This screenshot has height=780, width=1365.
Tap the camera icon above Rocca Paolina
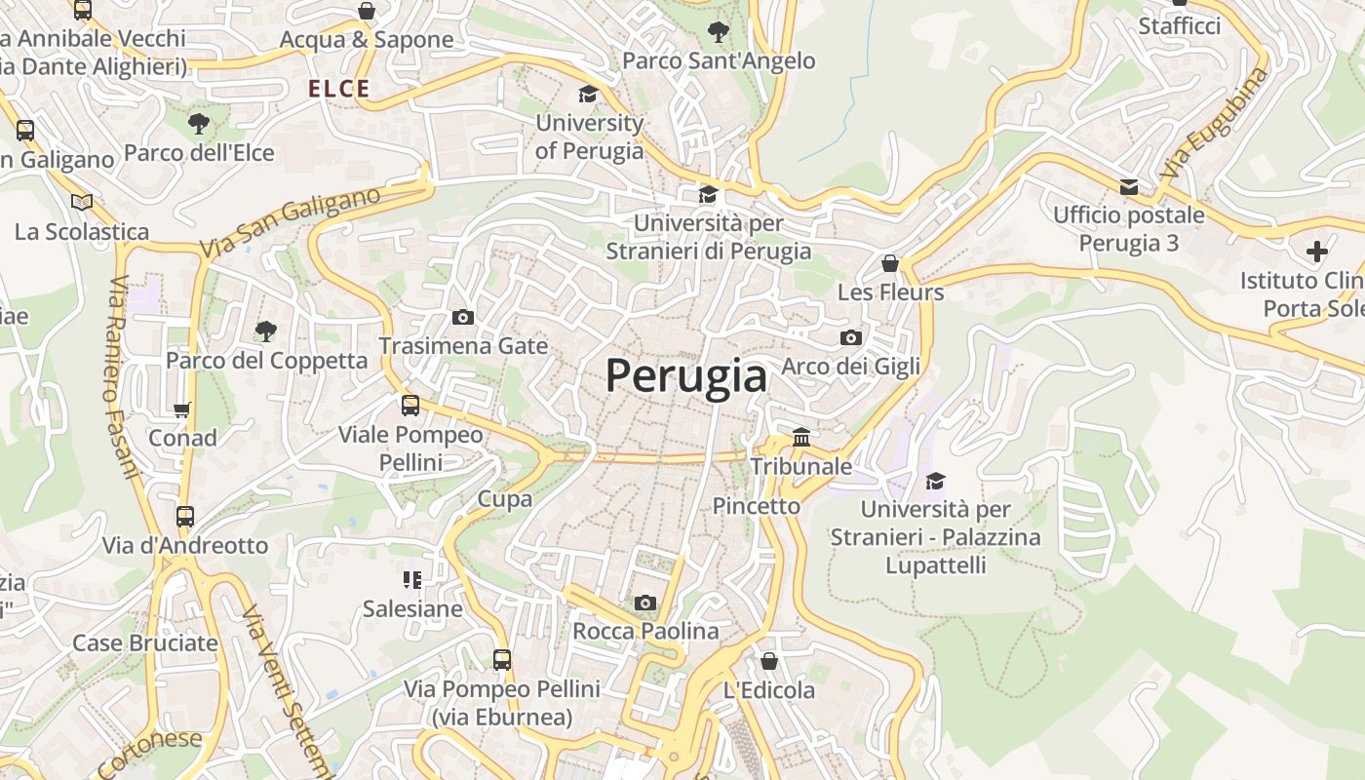[x=645, y=603]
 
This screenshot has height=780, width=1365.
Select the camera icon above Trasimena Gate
[x=463, y=317]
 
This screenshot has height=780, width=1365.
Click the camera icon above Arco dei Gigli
[x=851, y=337]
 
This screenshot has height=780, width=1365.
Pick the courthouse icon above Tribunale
[x=801, y=437]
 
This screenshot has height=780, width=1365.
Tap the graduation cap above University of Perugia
[x=588, y=94]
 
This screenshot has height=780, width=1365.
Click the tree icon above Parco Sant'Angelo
[x=719, y=31]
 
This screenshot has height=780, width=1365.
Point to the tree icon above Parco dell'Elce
[x=199, y=124]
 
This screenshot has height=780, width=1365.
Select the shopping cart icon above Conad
[x=182, y=409]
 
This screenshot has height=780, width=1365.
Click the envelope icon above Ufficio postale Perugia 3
[x=1129, y=186]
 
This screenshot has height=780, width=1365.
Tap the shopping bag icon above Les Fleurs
[x=890, y=263]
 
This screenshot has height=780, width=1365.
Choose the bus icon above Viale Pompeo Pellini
[x=410, y=405]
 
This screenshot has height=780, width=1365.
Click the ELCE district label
[x=339, y=89]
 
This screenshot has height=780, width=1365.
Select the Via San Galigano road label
[x=291, y=222]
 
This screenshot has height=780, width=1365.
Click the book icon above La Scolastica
[x=82, y=202]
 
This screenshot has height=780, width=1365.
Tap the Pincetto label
[x=757, y=506]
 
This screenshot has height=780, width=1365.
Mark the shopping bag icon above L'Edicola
[x=769, y=661]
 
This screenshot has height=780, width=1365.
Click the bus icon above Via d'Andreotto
[x=185, y=516]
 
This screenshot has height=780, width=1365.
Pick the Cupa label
[x=505, y=499]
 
